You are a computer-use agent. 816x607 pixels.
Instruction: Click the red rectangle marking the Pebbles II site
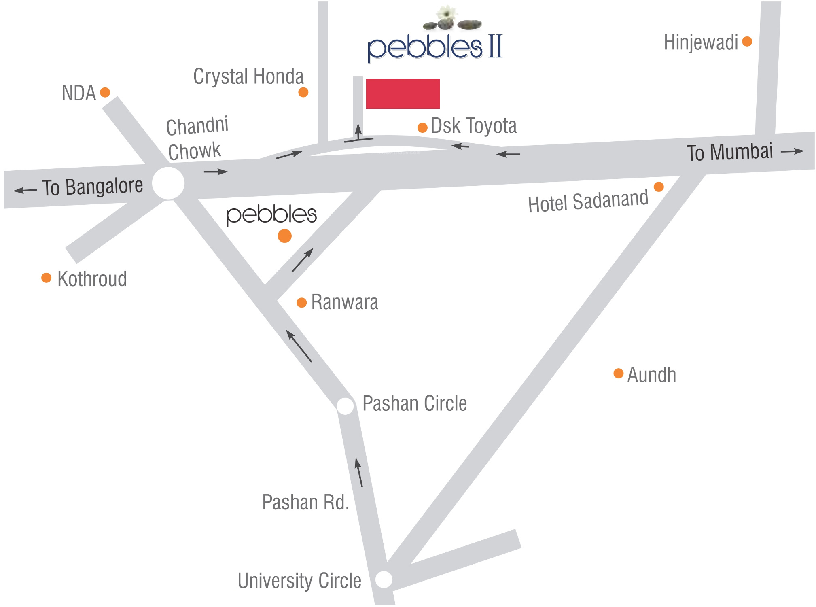(x=403, y=94)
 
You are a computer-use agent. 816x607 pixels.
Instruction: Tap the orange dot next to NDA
(x=105, y=92)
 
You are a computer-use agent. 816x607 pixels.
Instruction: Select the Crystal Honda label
(x=248, y=77)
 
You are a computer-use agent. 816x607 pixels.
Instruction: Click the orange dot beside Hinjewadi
(x=747, y=41)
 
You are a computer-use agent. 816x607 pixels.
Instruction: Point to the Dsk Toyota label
(x=474, y=125)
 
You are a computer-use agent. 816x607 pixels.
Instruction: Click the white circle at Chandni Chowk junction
(x=168, y=183)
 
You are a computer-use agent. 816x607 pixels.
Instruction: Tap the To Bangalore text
(x=93, y=187)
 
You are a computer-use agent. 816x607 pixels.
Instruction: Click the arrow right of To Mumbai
(x=792, y=151)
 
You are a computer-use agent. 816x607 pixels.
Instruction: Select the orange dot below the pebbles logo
(x=285, y=236)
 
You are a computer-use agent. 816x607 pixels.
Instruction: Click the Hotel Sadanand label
(x=588, y=201)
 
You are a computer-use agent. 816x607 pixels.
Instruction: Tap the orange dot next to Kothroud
(x=47, y=278)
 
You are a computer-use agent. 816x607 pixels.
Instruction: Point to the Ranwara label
(x=345, y=302)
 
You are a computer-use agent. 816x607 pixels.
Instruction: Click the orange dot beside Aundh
(x=618, y=373)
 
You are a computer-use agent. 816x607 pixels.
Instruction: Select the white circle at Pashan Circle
(x=345, y=406)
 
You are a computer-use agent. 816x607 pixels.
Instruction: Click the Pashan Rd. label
(x=305, y=502)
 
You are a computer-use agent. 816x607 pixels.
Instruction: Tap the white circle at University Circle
(x=384, y=579)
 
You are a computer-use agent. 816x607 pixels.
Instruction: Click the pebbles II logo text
(x=435, y=48)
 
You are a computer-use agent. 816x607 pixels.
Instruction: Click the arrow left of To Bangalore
(x=25, y=190)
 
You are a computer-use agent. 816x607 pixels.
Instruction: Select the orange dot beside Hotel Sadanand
(x=659, y=187)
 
